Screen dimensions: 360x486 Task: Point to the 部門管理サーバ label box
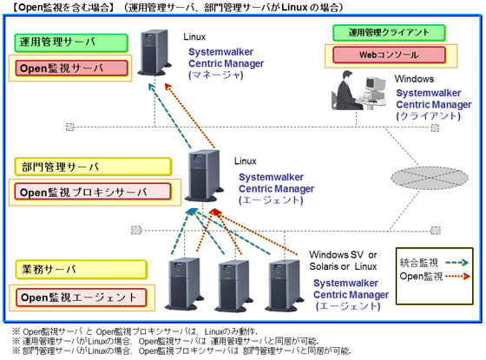[x=52, y=166]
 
